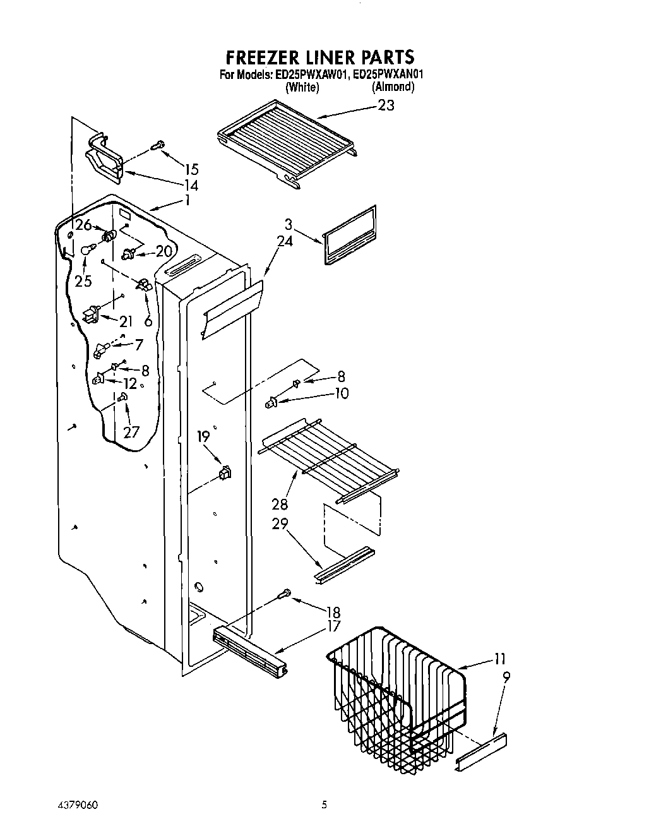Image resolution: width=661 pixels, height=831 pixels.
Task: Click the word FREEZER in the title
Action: pyautogui.click(x=265, y=57)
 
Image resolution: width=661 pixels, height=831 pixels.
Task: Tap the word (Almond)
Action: pyautogui.click(x=393, y=87)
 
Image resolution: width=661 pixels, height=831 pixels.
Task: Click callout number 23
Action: pyautogui.click(x=386, y=105)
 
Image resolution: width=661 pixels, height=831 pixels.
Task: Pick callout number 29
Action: pyautogui.click(x=279, y=523)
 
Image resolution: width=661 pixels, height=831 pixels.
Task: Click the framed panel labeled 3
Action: pyautogui.click(x=350, y=234)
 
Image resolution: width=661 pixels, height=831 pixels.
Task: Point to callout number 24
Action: pyautogui.click(x=285, y=241)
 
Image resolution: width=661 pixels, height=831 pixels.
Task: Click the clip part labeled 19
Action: pyautogui.click(x=224, y=472)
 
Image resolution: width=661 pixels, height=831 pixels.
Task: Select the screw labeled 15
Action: pyautogui.click(x=158, y=146)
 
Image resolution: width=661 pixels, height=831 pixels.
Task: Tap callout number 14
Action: pyautogui.click(x=191, y=185)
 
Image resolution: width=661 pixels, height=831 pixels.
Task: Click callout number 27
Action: pyautogui.click(x=131, y=433)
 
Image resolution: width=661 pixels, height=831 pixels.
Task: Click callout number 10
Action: pyautogui.click(x=342, y=393)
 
